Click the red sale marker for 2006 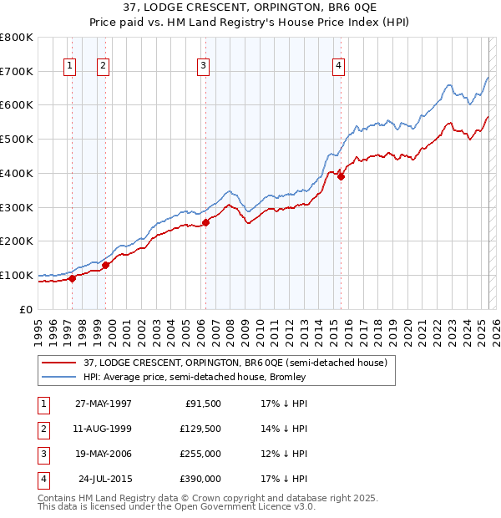(205, 222)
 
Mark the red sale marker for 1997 (73, 278)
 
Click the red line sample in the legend (58, 363)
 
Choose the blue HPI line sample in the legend (58, 377)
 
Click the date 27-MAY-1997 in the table (103, 404)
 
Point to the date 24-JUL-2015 (104, 479)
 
